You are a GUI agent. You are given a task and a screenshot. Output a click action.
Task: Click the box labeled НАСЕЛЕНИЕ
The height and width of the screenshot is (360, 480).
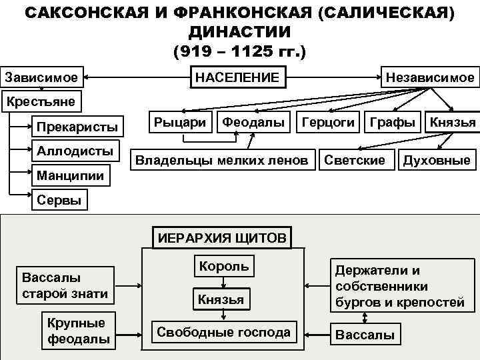[x=237, y=77]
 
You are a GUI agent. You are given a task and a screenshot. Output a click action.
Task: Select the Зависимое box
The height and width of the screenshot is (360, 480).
[x=42, y=77]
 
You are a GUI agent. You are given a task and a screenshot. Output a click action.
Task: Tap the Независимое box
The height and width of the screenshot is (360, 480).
[x=430, y=77]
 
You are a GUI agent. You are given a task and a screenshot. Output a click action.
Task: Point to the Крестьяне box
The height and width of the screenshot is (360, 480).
[x=41, y=101]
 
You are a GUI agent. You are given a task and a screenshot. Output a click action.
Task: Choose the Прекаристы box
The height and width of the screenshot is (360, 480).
[x=77, y=127]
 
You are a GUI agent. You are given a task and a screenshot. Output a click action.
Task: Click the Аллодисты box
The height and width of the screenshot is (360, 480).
[x=75, y=151]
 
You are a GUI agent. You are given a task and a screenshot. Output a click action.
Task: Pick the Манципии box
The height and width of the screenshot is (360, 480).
[x=71, y=176]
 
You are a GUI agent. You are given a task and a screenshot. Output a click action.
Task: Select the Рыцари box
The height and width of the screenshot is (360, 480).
[x=180, y=123]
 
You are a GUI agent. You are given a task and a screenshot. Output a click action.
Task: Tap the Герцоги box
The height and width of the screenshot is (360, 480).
[x=328, y=123]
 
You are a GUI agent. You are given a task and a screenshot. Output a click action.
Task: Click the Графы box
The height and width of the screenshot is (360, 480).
[x=396, y=123]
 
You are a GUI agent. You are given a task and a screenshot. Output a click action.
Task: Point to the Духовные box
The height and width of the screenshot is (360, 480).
[x=437, y=160]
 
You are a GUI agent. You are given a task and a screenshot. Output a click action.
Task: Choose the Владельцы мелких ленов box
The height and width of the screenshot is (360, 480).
[x=221, y=160]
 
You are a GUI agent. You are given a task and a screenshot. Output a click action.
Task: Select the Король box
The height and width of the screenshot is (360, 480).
[x=223, y=267]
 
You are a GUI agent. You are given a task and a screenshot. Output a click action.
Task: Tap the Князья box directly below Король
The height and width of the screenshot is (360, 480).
[x=221, y=299]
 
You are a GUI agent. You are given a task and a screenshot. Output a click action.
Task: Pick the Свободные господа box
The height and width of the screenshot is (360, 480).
[x=223, y=332]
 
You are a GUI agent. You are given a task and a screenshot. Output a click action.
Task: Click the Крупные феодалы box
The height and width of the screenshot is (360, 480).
[x=76, y=331]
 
